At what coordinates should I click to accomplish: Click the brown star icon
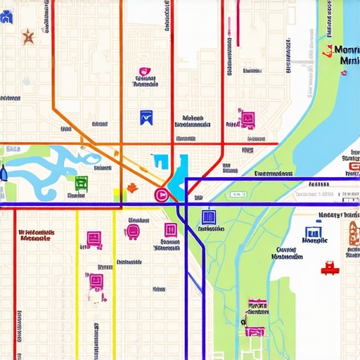click(28, 36)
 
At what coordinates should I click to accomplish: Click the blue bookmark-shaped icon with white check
click(146, 117)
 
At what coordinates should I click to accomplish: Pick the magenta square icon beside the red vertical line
click(247, 117)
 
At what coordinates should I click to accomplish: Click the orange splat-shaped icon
click(131, 188)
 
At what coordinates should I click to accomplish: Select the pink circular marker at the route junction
click(160, 195)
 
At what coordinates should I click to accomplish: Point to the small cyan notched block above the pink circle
click(160, 162)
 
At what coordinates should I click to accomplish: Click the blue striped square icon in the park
click(207, 217)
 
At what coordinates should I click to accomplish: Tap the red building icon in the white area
click(328, 267)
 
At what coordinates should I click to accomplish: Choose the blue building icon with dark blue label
click(314, 233)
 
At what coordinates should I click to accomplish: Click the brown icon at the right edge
click(353, 233)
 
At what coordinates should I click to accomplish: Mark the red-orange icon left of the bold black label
click(327, 51)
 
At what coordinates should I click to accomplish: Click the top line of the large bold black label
click(347, 50)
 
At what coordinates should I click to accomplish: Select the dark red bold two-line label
click(34, 234)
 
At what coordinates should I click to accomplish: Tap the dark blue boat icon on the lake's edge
click(3, 173)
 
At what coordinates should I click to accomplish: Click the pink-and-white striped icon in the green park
click(257, 305)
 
